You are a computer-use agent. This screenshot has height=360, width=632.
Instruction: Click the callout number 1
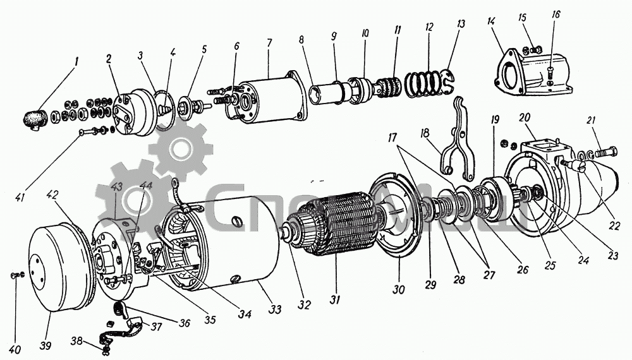76,61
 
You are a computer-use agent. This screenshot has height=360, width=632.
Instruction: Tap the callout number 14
491,23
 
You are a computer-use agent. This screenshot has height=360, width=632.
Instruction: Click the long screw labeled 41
95,131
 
